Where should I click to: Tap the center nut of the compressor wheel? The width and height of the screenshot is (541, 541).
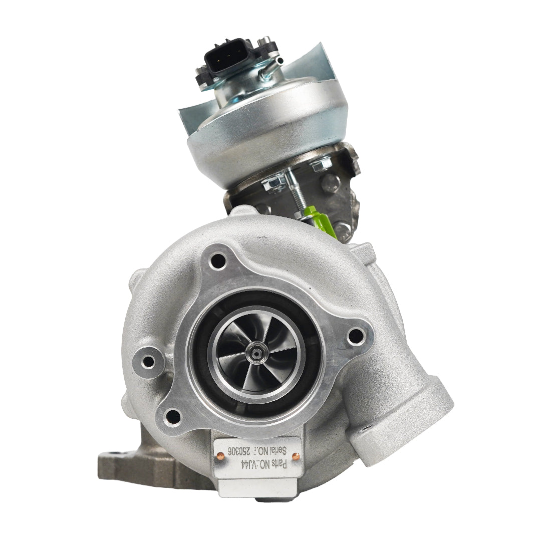click(x=256, y=354)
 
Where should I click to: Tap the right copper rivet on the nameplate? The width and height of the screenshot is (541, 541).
click(x=296, y=456)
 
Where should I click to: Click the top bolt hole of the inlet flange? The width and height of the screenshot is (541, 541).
click(x=218, y=260)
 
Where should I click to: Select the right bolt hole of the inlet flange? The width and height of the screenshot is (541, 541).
click(x=356, y=336)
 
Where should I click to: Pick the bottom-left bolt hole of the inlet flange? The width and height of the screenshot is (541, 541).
click(x=172, y=416)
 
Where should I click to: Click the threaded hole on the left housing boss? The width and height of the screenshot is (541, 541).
click(x=148, y=361)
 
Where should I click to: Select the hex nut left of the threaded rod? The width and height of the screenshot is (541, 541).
click(x=274, y=183)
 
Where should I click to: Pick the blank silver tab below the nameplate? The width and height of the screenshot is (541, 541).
click(x=257, y=488)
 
